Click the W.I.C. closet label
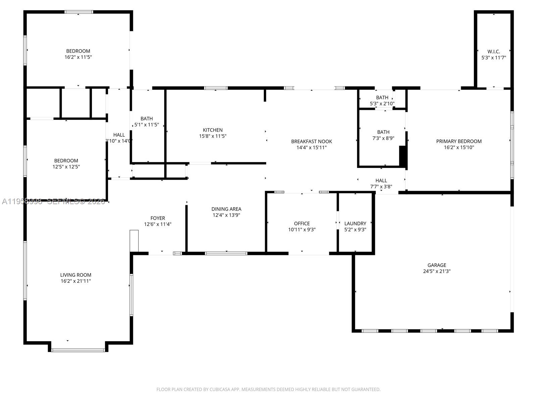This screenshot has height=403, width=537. (493, 51)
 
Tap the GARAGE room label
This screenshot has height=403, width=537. (437, 265)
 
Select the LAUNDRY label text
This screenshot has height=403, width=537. (355, 223)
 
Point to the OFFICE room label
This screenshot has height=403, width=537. (302, 223)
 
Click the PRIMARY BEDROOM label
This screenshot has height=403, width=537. (459, 141)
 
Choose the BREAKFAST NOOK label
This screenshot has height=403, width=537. (311, 141)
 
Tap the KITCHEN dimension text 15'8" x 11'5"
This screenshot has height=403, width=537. (212, 136)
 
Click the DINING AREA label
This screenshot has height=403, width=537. (226, 209)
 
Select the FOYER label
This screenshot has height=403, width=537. (157, 218)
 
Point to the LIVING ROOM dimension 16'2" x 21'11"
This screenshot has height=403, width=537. (76, 281)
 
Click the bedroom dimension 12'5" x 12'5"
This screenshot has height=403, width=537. (66, 167)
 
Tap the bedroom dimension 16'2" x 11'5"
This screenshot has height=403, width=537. (78, 57)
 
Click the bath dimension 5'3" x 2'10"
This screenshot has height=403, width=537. (382, 103)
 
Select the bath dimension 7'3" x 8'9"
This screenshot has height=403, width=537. (383, 138)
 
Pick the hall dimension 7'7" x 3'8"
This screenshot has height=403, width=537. (381, 187)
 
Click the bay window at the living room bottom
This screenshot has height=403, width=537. (78, 350)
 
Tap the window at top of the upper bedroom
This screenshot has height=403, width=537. (79, 12)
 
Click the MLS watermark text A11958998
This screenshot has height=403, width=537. (22, 201)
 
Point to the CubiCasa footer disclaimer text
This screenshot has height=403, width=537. (268, 389)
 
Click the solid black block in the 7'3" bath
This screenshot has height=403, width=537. (403, 156)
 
